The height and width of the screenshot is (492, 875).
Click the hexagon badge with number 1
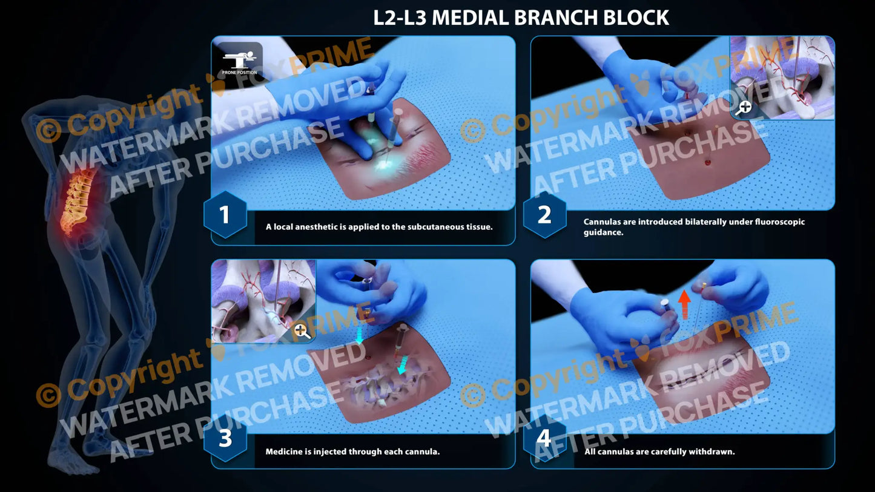pyautogui.click(x=225, y=215)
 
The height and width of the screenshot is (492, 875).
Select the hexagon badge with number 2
pyautogui.click(x=544, y=215)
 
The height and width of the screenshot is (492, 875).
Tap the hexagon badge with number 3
pyautogui.click(x=225, y=438)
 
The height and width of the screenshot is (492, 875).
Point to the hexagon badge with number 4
pyautogui.click(x=544, y=438)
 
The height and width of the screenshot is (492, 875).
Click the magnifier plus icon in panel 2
pyautogui.click(x=744, y=107)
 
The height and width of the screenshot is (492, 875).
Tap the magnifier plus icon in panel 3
pyautogui.click(x=302, y=330)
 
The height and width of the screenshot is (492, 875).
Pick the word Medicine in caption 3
pyautogui.click(x=282, y=451)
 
